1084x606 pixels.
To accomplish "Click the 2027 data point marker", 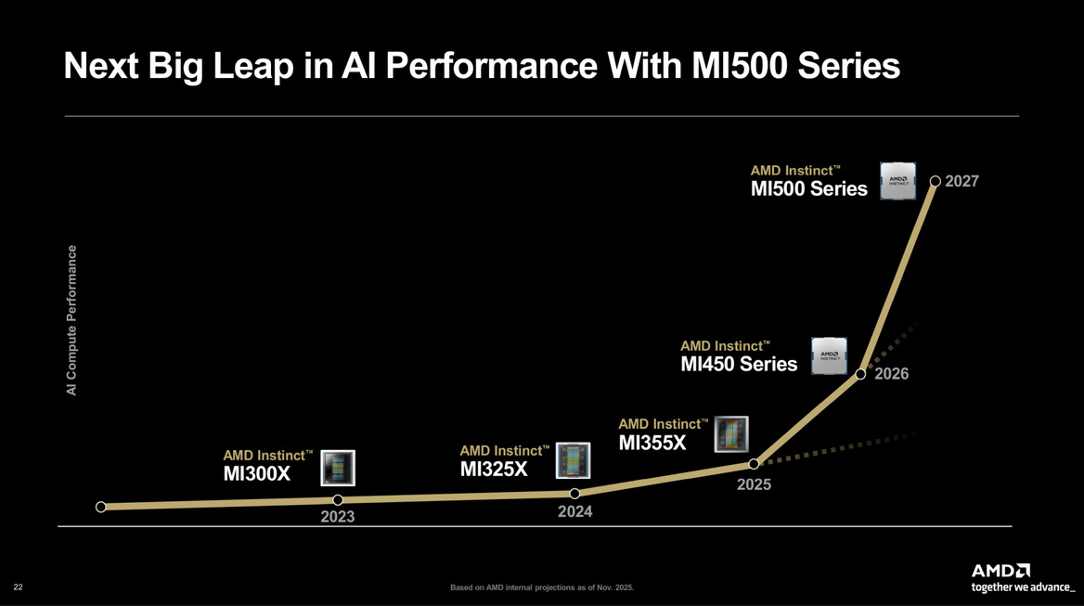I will (935, 181).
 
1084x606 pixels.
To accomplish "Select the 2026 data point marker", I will (860, 374).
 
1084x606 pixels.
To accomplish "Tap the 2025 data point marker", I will (754, 462).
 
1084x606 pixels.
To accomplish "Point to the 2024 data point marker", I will (574, 494).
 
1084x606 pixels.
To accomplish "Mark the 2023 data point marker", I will (338, 500).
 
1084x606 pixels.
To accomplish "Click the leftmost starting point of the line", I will (100, 507).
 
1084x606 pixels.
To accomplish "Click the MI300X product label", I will (257, 474).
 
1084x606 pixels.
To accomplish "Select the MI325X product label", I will (494, 469).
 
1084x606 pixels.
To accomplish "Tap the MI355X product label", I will (652, 443).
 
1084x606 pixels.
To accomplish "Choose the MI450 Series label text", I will (739, 364).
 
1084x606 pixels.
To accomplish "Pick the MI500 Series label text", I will (808, 189).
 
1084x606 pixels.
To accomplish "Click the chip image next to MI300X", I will (338, 468).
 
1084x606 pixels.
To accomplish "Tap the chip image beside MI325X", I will (573, 460).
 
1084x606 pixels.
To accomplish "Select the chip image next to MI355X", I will (729, 434).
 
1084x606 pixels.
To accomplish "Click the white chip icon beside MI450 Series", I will (829, 355).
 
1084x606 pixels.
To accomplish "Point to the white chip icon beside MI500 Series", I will (897, 181).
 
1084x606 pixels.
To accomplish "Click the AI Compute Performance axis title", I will (71, 321).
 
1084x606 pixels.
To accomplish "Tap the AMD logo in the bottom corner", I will (1000, 570).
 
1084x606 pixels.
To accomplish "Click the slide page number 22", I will (18, 587).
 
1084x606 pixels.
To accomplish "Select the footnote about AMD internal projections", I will (541, 587).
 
